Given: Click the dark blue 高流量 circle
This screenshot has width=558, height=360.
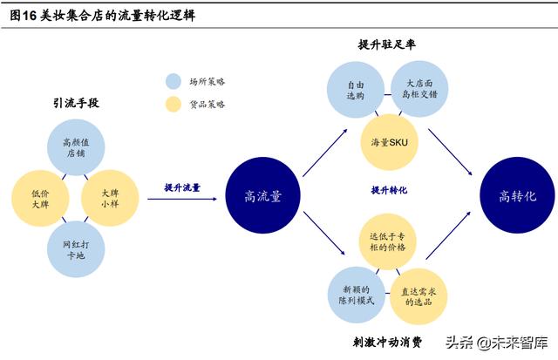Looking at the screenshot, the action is coord(262,195).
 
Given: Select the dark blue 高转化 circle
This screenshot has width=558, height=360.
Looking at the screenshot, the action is coord(517,195).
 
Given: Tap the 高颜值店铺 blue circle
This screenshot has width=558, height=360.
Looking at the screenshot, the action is coord(76,147).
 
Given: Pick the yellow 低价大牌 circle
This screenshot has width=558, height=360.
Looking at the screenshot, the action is coord(40,199).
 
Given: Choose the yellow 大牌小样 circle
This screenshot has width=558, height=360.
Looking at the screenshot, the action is coord(110,198).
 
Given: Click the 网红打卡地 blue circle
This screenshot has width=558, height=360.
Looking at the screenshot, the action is coord(76,249).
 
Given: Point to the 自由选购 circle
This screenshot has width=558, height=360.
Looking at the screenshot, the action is coord(356,90).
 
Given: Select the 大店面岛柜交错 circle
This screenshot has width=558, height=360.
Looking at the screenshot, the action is coord(419,89).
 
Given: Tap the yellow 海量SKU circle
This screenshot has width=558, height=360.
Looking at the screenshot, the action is coord(390,142).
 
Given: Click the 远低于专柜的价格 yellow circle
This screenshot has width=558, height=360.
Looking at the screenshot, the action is coord(387,242).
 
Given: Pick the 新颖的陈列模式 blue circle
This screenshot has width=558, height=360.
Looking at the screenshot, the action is coord(357,295).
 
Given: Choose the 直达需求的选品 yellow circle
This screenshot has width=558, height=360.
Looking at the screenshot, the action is coord(418,296).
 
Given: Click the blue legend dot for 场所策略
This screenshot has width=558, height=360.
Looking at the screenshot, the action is coord(174,81).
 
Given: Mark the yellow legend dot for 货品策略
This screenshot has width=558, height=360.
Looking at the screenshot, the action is coord(174,105).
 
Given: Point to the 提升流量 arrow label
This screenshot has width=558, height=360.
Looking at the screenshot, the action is coord(182,187).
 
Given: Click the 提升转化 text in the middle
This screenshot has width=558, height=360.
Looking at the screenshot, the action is coord(389,190).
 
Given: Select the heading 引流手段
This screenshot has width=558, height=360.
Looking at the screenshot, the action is coord(76,103).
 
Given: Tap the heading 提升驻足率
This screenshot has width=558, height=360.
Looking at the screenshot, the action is coord(387,44).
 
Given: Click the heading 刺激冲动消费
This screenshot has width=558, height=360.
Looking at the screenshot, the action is coord(387,342).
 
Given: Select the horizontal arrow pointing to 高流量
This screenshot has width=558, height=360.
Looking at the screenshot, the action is coord(182,199).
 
